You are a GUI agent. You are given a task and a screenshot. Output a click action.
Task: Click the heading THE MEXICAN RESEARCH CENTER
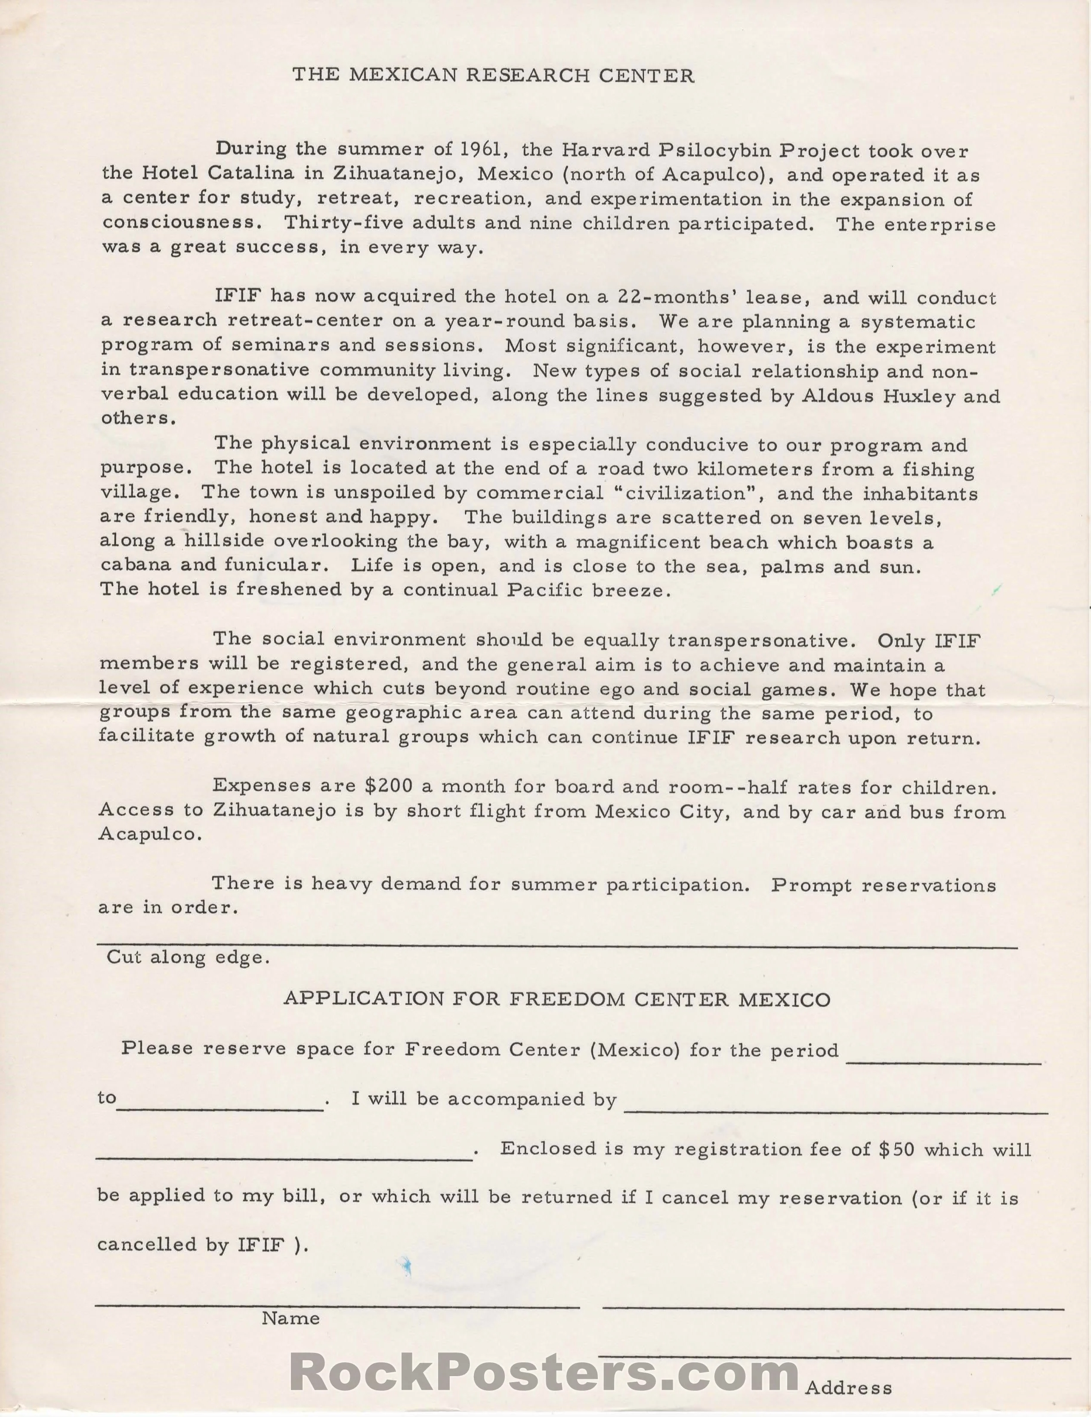(x=493, y=76)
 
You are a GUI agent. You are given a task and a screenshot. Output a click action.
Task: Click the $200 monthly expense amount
(x=389, y=786)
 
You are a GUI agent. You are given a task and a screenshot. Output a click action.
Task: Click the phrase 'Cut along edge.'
(x=188, y=958)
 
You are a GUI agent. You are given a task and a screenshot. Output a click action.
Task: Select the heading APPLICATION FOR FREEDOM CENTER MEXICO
(x=557, y=999)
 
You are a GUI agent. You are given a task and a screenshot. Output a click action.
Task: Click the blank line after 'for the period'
(x=944, y=1062)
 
